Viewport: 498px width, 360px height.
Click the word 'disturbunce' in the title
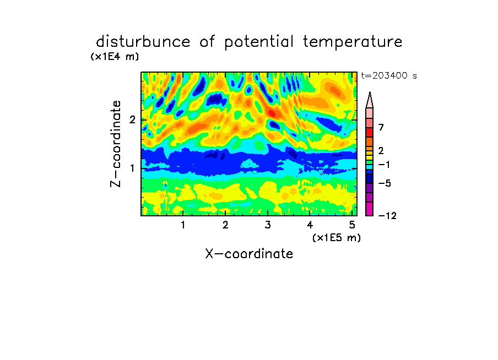tap(143, 41)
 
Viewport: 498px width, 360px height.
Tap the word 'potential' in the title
tap(258, 42)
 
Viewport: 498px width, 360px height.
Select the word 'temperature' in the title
tap(353, 42)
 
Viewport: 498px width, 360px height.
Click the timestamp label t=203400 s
tap(389, 75)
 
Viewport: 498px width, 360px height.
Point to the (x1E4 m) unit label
tap(115, 57)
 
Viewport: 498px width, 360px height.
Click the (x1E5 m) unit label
tap(337, 237)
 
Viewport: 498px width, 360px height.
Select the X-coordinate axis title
tap(249, 254)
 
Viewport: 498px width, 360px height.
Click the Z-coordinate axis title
tap(116, 144)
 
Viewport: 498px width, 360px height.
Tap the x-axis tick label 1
tap(183, 225)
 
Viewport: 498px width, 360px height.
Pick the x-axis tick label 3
tap(268, 225)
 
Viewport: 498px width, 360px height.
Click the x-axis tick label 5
tap(352, 225)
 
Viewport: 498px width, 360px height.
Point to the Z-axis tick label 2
tap(132, 119)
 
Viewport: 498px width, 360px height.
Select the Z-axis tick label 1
tap(132, 168)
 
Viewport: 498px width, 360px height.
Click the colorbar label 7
tap(381, 127)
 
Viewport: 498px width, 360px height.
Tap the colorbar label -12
tap(387, 216)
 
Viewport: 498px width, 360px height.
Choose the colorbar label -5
tap(385, 183)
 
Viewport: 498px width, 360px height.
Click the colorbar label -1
tap(384, 165)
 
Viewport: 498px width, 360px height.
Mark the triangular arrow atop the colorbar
tap(370, 100)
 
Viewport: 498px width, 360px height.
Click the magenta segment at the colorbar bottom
tap(370, 209)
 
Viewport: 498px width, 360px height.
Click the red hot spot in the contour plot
tap(272, 113)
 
